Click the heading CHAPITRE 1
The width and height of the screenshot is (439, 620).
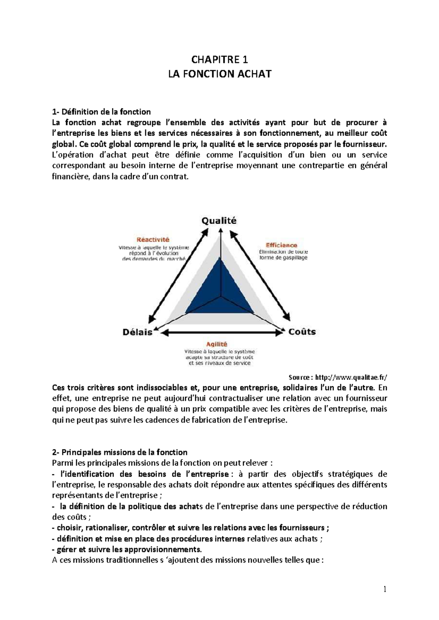tap(219, 60)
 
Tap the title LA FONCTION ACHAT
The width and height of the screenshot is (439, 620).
tap(219, 74)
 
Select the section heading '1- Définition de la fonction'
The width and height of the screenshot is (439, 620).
tap(101, 112)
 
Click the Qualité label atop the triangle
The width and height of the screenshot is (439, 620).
tap(219, 221)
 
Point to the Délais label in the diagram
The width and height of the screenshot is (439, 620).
tap(137, 332)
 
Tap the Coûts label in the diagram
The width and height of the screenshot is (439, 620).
tap(302, 332)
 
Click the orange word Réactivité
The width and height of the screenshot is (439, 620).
tap(153, 240)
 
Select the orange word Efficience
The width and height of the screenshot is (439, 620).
tap(281, 245)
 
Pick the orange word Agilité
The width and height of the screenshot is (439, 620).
tap(217, 344)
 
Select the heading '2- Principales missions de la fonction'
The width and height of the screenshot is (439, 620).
tap(120, 453)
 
